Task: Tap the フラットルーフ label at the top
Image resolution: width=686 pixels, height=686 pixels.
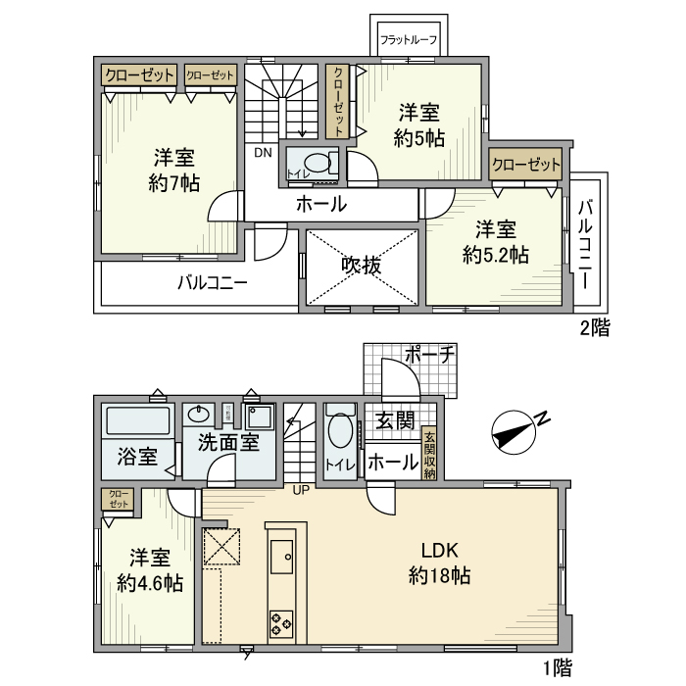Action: [408, 41]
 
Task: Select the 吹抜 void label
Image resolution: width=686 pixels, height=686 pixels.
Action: [361, 266]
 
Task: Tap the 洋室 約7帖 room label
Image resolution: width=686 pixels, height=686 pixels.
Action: [171, 170]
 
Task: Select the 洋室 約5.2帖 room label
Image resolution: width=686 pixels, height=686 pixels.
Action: [495, 242]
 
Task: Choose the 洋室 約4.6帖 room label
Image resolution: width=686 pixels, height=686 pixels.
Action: [149, 570]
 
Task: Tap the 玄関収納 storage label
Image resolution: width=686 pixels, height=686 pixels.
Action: [429, 455]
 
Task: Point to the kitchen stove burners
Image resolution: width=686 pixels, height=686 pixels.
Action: [281, 620]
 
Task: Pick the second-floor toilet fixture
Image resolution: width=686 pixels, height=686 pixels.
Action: [316, 164]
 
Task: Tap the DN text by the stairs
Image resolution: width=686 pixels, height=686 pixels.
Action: [264, 153]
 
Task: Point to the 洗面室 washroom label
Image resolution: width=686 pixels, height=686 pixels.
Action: [227, 442]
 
